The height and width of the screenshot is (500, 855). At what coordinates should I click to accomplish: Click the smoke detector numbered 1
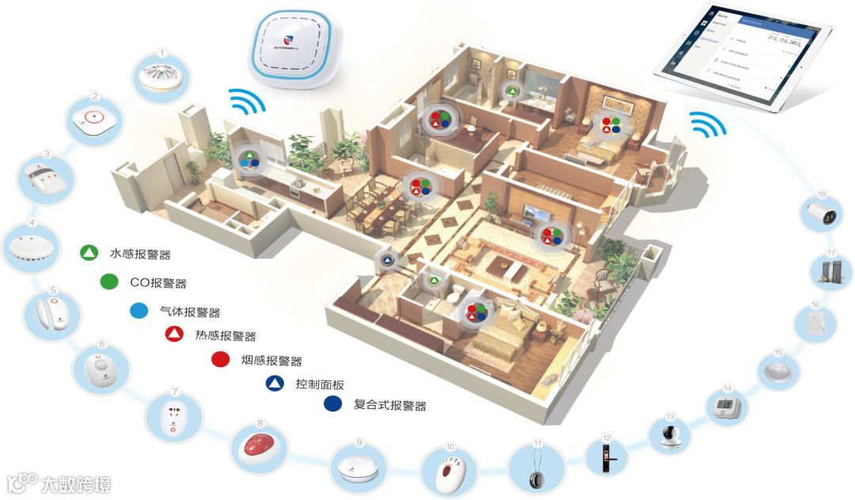point(161,78)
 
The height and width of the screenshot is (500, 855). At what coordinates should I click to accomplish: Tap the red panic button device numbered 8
point(260,445)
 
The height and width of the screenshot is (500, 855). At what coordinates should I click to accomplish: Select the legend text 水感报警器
point(140,255)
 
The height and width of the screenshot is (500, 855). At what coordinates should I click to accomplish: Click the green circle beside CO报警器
point(110,282)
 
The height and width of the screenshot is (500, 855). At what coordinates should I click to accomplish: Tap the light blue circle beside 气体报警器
point(139,311)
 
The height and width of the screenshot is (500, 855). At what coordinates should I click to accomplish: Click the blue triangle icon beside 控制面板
point(274,384)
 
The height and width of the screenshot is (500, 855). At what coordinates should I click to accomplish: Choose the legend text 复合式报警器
point(389,406)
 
